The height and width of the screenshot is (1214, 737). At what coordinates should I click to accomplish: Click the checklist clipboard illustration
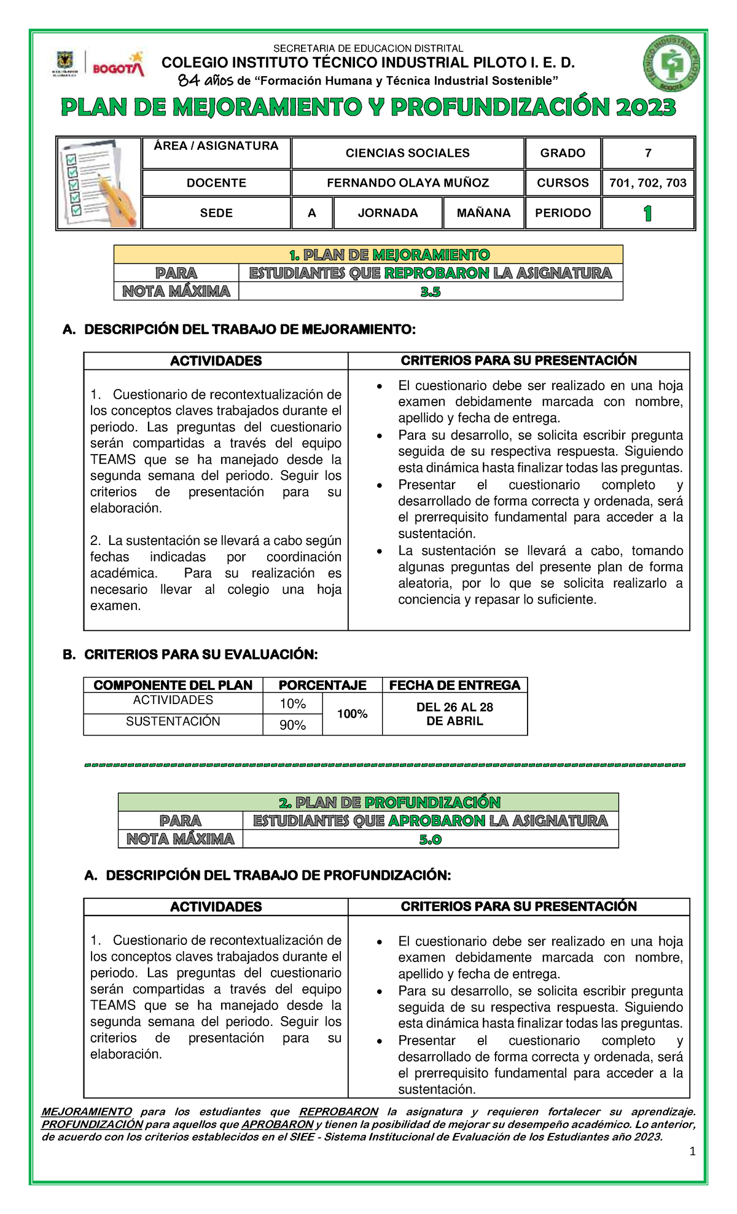(99, 183)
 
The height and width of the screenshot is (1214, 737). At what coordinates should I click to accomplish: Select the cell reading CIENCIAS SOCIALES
(407, 153)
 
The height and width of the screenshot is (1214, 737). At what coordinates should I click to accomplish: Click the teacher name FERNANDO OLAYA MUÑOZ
(407, 183)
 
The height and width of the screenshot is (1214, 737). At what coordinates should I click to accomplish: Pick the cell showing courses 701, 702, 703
(647, 183)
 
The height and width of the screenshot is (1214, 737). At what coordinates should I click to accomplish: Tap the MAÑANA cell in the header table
(483, 213)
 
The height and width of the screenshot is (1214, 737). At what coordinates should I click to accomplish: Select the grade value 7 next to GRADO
(647, 153)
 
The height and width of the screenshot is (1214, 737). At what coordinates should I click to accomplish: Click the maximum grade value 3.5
(430, 292)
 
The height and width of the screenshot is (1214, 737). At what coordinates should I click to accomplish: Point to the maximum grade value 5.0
(430, 839)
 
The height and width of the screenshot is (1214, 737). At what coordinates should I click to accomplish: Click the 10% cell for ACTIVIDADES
(292, 704)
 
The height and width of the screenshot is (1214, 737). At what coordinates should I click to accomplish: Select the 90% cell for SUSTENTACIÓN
(292, 725)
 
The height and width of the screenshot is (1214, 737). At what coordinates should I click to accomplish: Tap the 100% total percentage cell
(352, 714)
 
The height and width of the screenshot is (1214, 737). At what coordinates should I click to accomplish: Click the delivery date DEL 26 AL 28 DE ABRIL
(454, 714)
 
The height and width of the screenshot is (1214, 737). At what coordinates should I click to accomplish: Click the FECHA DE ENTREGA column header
(454, 685)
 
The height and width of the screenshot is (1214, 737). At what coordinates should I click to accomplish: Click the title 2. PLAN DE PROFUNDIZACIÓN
(389, 802)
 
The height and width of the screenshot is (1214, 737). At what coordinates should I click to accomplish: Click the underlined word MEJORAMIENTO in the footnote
(87, 1111)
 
